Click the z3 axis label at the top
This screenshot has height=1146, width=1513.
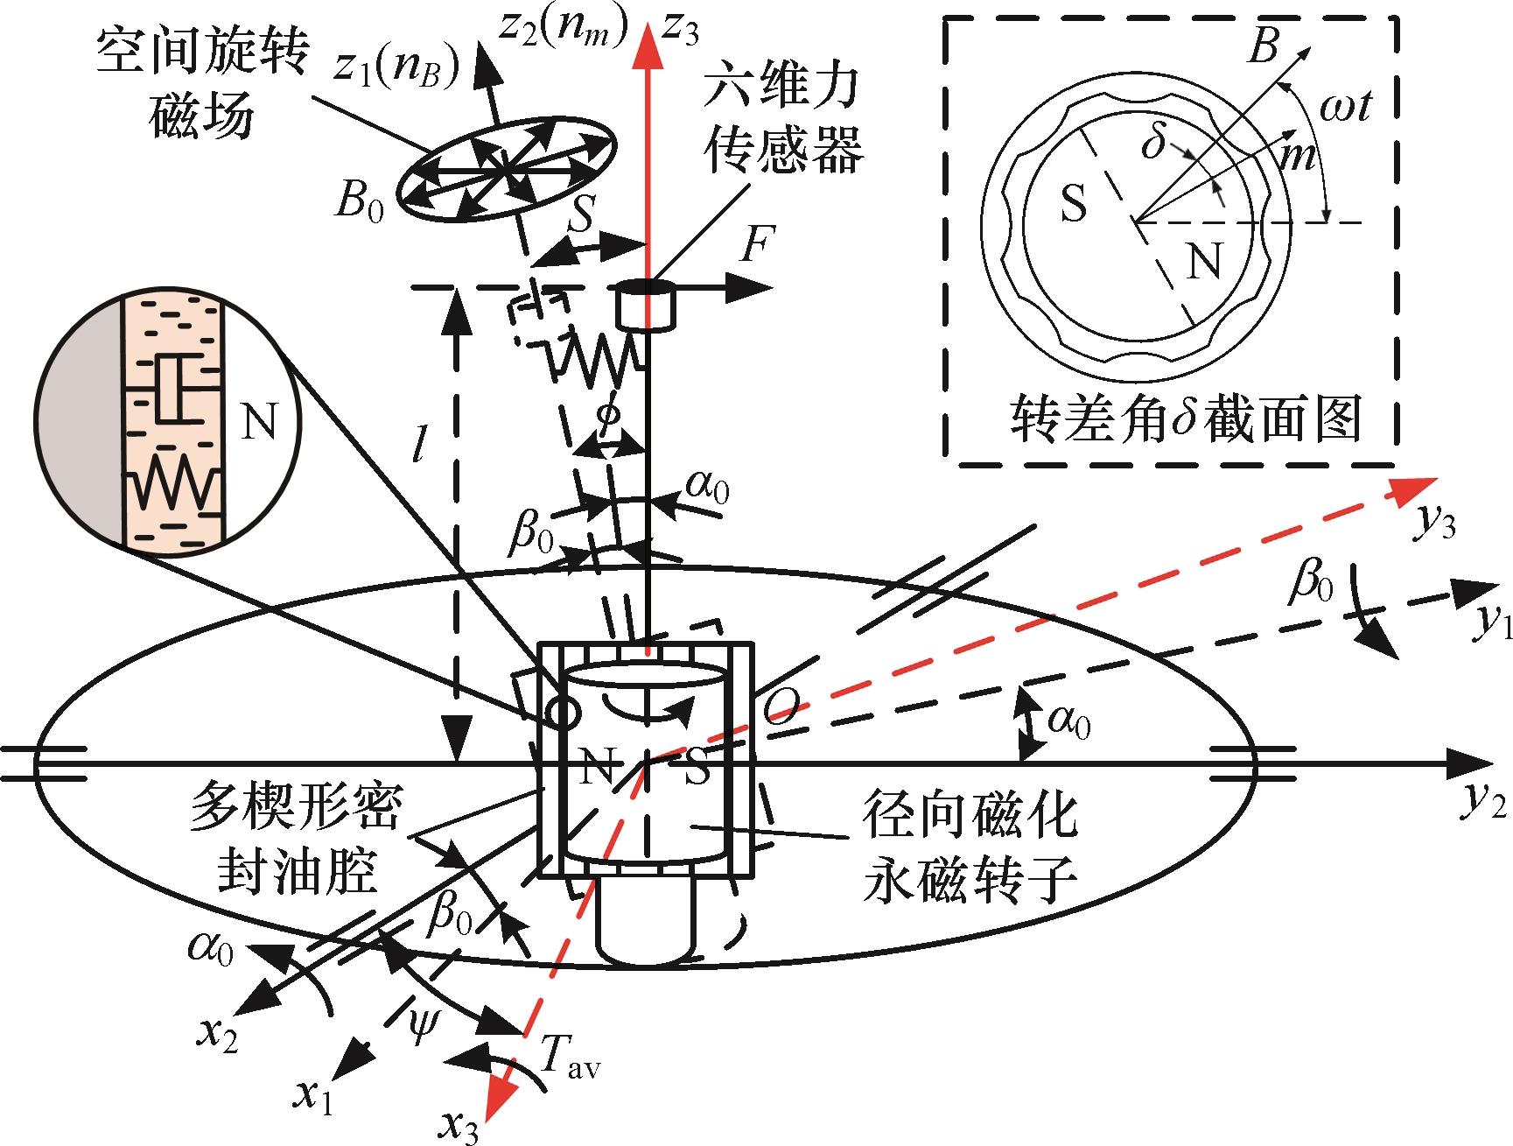(681, 28)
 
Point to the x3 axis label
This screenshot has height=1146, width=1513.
(462, 1123)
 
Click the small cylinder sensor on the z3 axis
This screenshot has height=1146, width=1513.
(647, 306)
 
